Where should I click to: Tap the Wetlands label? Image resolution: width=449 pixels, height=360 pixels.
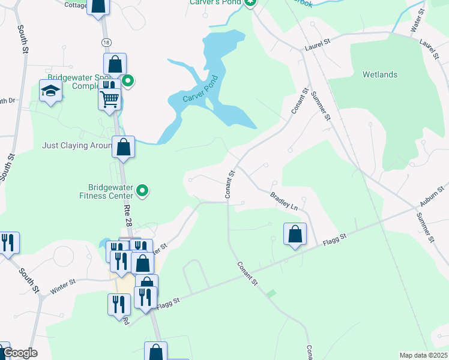click(x=379, y=75)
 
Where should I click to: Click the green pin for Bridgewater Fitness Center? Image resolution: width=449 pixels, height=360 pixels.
click(x=142, y=191)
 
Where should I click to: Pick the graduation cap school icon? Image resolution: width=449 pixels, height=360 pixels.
click(x=51, y=91)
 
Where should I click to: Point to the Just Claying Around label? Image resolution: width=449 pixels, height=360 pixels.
click(x=77, y=145)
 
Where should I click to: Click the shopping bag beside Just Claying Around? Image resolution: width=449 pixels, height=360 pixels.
click(x=123, y=147)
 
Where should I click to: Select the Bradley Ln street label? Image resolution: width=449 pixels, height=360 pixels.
click(x=284, y=200)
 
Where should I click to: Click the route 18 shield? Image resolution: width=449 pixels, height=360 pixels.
click(x=106, y=42)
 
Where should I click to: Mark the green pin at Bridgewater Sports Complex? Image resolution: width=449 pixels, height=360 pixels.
click(x=128, y=81)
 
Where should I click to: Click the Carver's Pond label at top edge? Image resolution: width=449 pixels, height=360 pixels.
click(x=215, y=2)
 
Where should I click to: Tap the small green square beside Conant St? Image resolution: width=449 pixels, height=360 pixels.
click(x=271, y=293)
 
